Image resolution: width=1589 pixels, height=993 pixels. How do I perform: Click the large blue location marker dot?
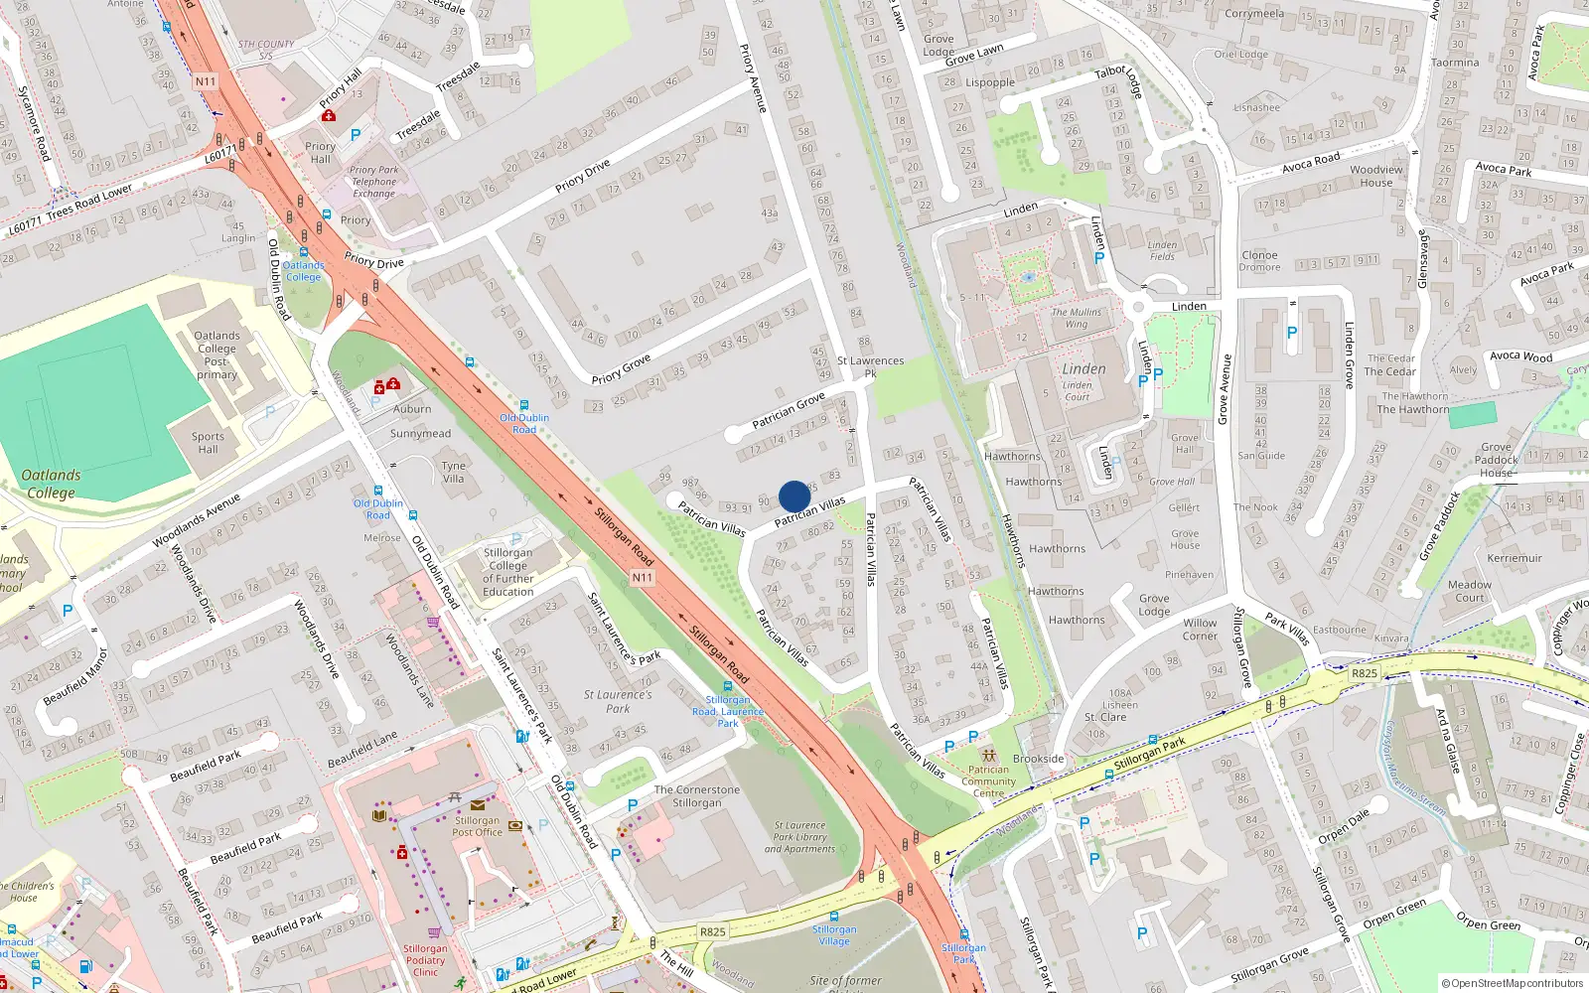(x=794, y=496)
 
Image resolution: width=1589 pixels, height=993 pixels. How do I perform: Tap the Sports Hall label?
(x=208, y=443)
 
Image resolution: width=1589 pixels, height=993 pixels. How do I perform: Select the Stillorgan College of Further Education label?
(x=508, y=572)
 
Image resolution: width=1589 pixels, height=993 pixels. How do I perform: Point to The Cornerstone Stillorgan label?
(x=697, y=796)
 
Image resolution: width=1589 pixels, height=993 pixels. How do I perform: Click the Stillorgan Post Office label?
(x=478, y=826)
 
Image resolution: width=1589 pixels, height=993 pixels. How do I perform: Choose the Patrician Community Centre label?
(x=988, y=781)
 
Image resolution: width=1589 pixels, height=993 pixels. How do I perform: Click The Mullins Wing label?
(x=1077, y=318)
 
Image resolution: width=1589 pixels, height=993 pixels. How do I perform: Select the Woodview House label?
(x=1376, y=176)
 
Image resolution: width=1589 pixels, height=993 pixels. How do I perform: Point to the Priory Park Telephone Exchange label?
(x=374, y=182)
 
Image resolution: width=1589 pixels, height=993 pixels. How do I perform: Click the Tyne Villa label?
(x=454, y=472)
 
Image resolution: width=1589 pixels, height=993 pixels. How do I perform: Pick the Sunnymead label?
(x=420, y=434)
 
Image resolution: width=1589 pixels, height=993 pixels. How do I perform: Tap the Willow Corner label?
(x=1200, y=630)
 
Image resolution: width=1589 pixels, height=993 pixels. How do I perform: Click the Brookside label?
(x=1039, y=759)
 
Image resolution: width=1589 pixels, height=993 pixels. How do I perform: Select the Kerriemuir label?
(x=1515, y=558)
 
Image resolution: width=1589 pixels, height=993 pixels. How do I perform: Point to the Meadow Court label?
(x=1470, y=591)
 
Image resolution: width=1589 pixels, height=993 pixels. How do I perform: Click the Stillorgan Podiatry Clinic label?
(x=425, y=960)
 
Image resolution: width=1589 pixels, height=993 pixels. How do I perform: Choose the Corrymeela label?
(x=1254, y=14)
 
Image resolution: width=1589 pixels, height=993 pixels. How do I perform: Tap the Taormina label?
(x=1455, y=63)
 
